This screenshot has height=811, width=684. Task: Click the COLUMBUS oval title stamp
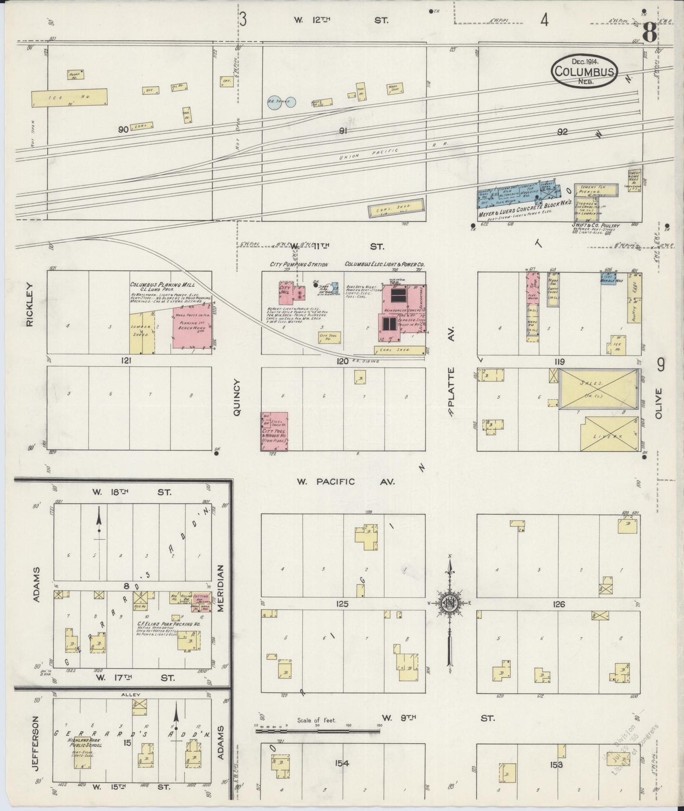[x=585, y=71]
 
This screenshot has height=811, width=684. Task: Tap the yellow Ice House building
[x=69, y=97]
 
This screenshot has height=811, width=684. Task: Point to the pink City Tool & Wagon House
[x=274, y=431]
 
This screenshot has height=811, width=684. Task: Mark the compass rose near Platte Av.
[x=450, y=604]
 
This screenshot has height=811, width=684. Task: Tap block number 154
[x=342, y=763]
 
